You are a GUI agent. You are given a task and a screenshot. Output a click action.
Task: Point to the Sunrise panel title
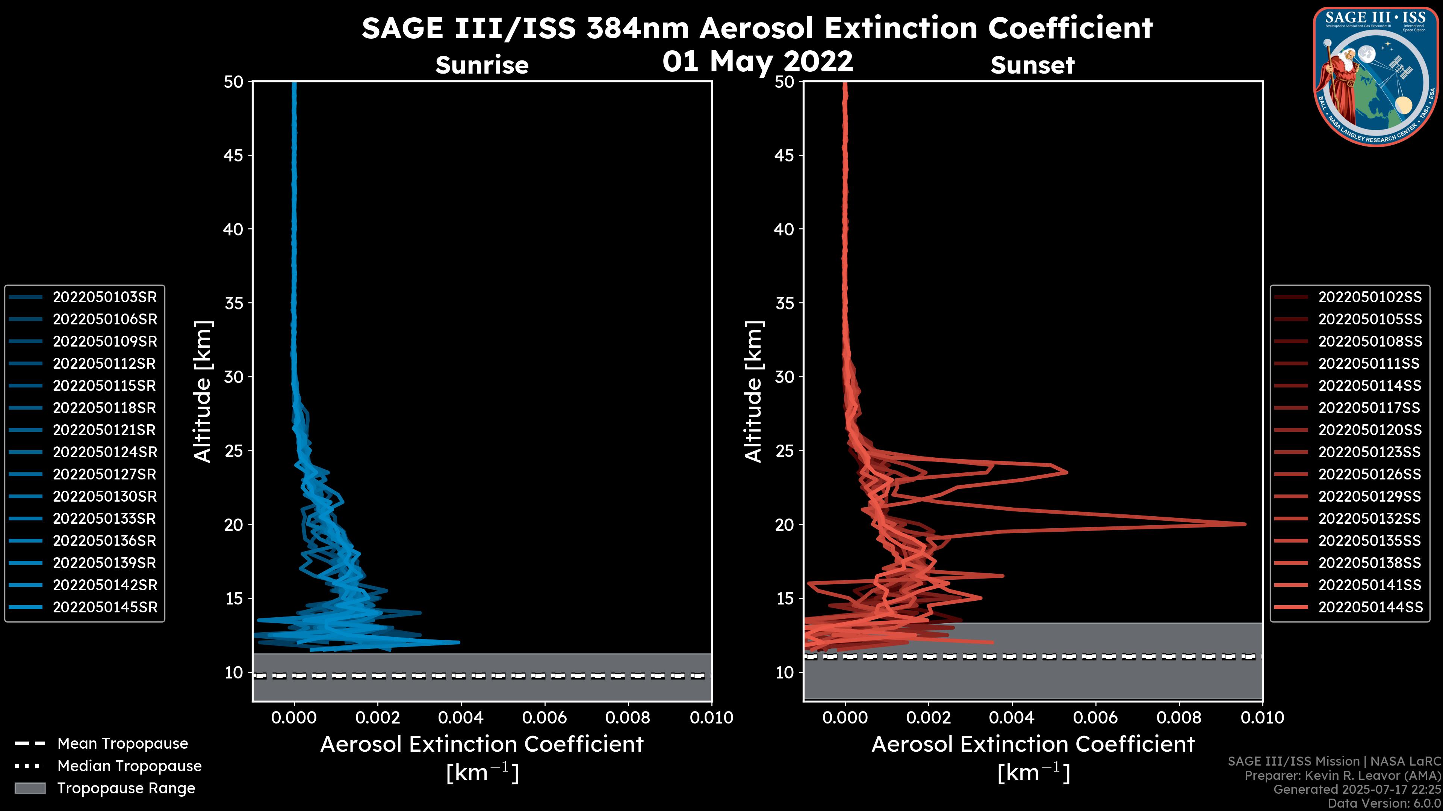click(x=482, y=65)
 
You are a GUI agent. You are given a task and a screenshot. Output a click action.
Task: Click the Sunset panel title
click(x=1032, y=65)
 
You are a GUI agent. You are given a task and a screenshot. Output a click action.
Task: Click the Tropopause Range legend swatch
click(x=30, y=788)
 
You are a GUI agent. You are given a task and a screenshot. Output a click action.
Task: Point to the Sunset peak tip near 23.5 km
click(x=1066, y=472)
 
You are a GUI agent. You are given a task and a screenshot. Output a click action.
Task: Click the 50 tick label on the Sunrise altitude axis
click(x=234, y=82)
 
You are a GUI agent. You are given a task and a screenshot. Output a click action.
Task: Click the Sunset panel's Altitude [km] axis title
click(x=753, y=391)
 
